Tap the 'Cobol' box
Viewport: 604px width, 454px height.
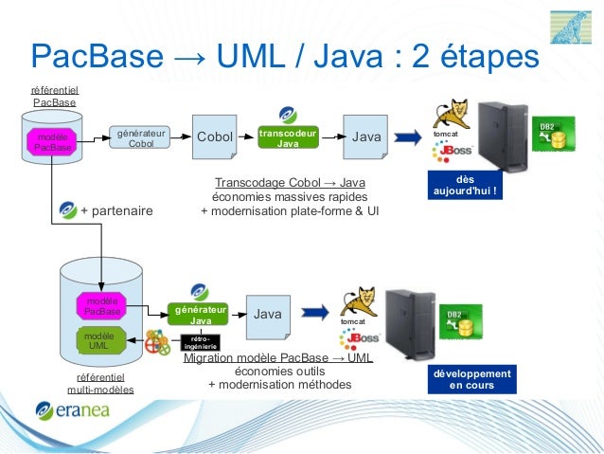tap(214, 137)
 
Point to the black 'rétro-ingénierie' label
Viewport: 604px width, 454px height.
tap(200, 343)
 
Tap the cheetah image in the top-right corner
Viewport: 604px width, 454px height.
tap(574, 26)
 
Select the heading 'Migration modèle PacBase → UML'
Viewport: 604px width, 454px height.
tap(278, 359)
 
